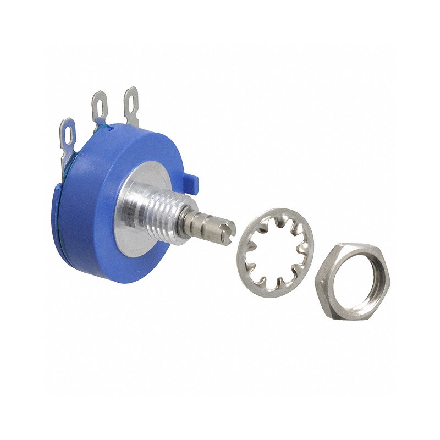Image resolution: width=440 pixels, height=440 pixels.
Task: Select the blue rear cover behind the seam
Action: pyautogui.click(x=63, y=220)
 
